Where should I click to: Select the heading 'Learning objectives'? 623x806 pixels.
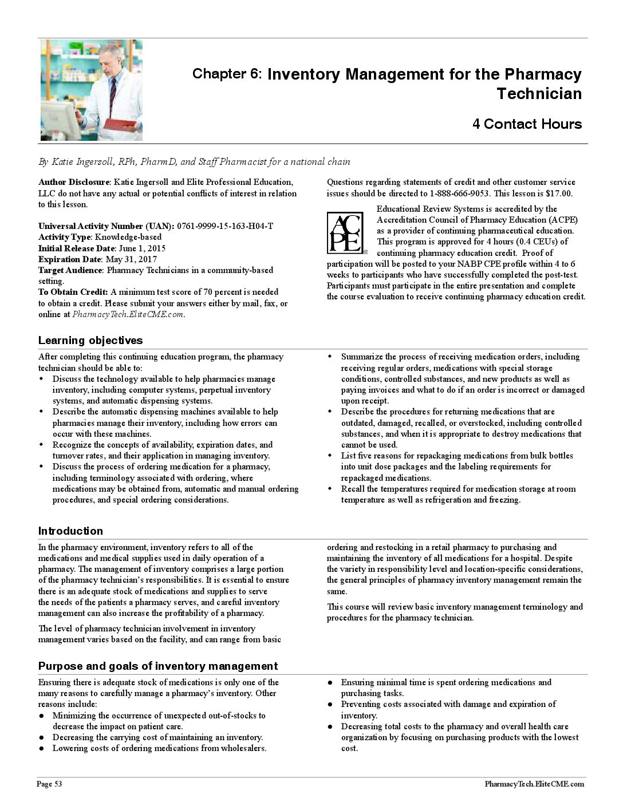point(90,341)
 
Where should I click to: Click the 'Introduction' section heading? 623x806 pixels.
point(70,531)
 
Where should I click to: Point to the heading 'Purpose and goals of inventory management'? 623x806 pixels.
point(157,666)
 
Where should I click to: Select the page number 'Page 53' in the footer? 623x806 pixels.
point(49,784)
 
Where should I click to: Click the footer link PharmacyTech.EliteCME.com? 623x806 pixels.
point(534,784)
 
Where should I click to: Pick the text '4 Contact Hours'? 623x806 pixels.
point(527,124)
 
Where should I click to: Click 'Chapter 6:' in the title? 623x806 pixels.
point(227,74)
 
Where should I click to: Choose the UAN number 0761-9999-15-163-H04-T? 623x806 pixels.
point(225,226)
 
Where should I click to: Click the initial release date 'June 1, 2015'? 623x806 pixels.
point(141,248)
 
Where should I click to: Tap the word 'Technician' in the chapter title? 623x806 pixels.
point(539,94)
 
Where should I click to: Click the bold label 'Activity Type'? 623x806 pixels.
point(64,237)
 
